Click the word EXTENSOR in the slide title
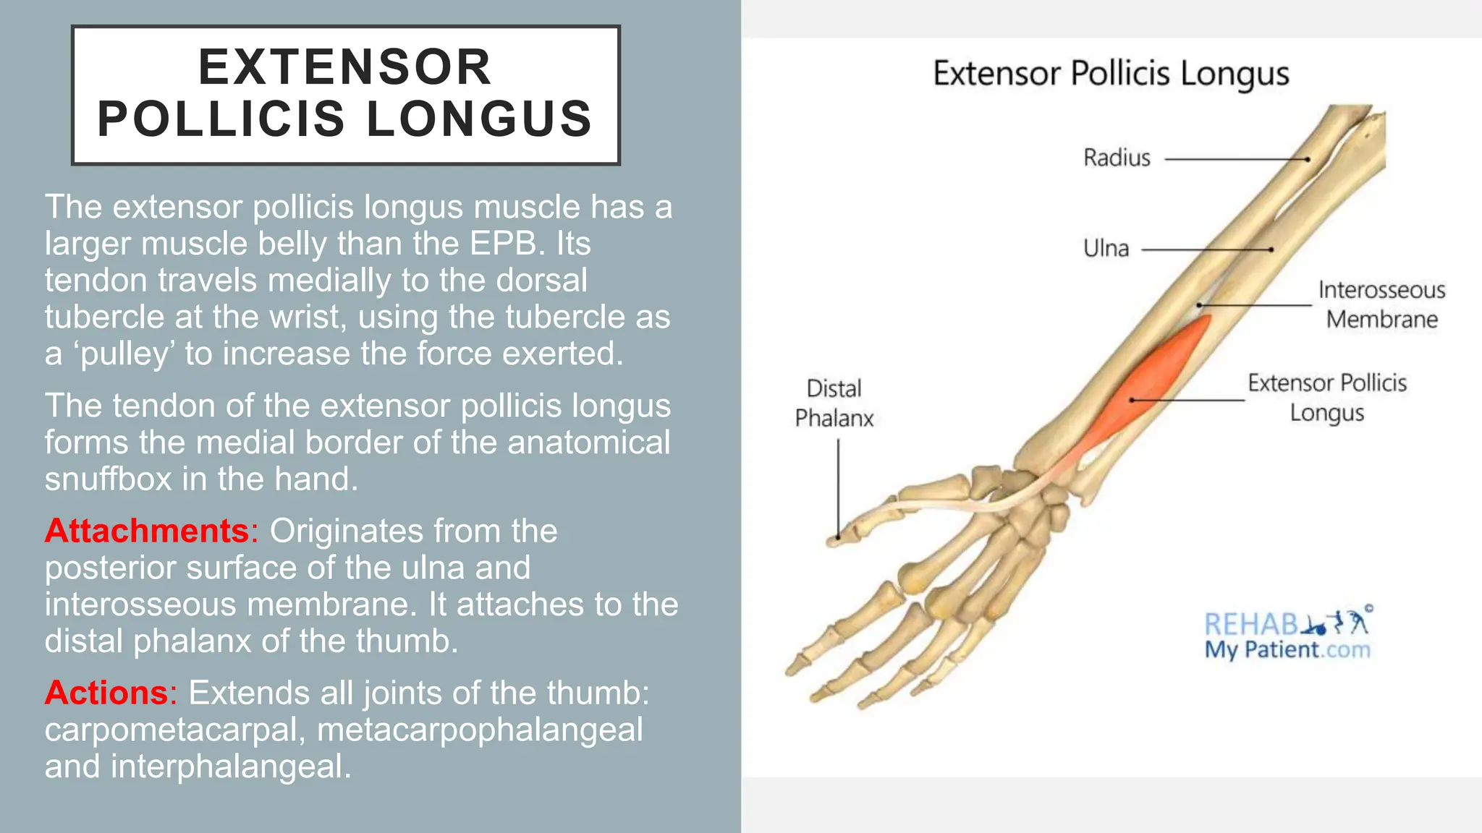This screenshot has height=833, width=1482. (345, 67)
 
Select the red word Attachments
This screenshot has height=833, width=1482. (147, 531)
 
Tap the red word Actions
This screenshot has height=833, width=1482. (106, 693)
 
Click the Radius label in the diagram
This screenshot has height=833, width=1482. (1116, 158)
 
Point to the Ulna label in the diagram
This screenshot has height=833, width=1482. (1106, 249)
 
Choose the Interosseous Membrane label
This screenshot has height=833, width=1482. (1381, 304)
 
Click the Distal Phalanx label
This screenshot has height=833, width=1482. (834, 403)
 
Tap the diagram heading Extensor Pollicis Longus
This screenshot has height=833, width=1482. (1111, 74)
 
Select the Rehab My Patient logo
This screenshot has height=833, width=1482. (1287, 635)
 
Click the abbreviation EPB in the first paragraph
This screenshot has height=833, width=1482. (506, 244)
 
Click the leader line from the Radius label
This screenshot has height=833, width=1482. (1236, 159)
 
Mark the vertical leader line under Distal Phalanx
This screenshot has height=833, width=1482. (839, 488)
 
